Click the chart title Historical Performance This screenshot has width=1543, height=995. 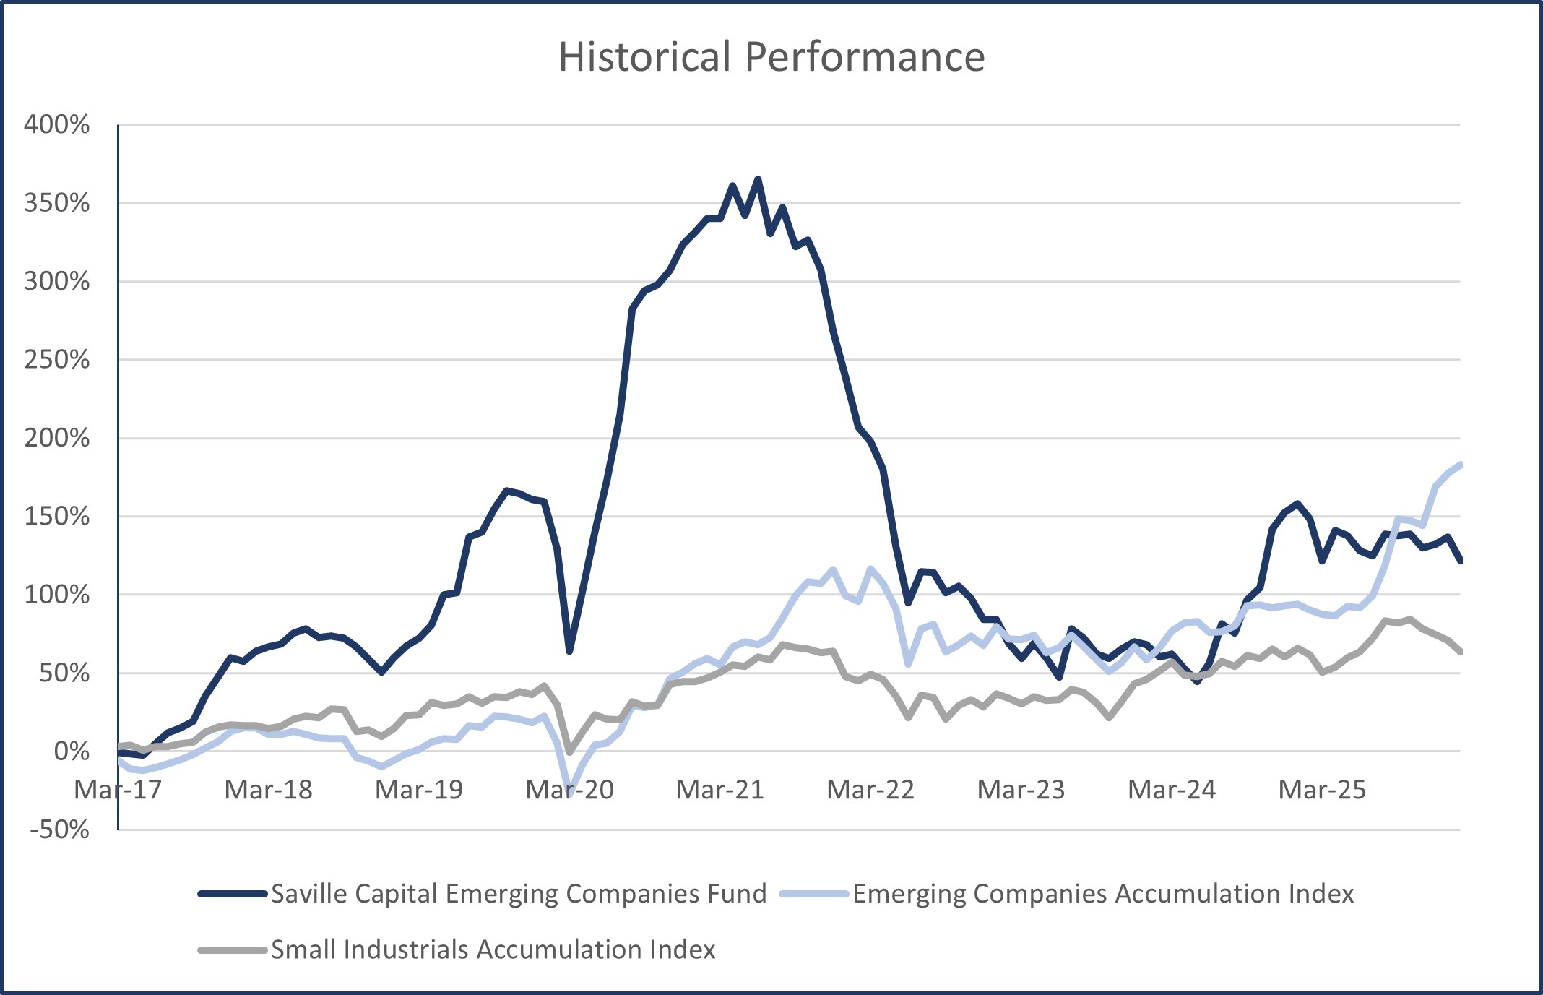(x=771, y=56)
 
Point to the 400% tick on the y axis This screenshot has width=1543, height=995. (x=57, y=124)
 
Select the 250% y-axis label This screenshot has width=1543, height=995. (x=57, y=359)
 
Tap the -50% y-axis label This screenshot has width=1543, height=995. (x=59, y=829)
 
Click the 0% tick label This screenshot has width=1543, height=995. (x=72, y=751)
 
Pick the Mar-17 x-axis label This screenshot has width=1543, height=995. (x=118, y=790)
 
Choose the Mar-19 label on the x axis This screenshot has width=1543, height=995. (x=419, y=790)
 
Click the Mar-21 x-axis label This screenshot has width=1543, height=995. (x=720, y=790)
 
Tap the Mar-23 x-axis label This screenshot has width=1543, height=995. (x=1021, y=790)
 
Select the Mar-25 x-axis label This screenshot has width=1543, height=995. (x=1322, y=790)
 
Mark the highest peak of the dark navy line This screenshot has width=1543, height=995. (x=758, y=178)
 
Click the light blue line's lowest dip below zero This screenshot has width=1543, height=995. (x=570, y=793)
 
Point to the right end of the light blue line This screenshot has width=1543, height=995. (x=1460, y=465)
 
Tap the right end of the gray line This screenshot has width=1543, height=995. (x=1460, y=652)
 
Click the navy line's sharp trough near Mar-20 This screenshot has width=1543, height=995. (x=569, y=651)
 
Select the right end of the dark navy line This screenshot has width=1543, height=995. (x=1460, y=560)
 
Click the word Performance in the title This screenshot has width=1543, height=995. (x=865, y=56)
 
